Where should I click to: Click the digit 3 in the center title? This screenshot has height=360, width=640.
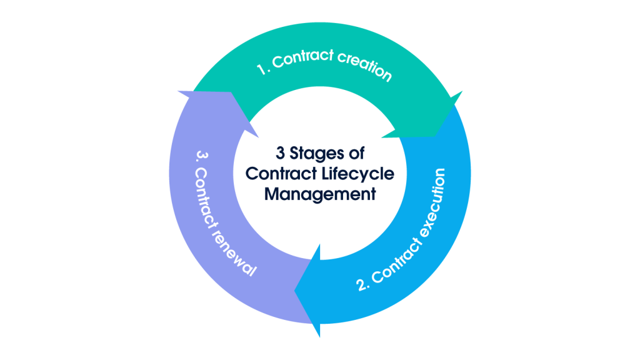coord(280,153)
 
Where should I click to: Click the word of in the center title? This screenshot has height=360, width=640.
coord(356,153)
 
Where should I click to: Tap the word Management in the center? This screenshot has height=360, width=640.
coord(319,194)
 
